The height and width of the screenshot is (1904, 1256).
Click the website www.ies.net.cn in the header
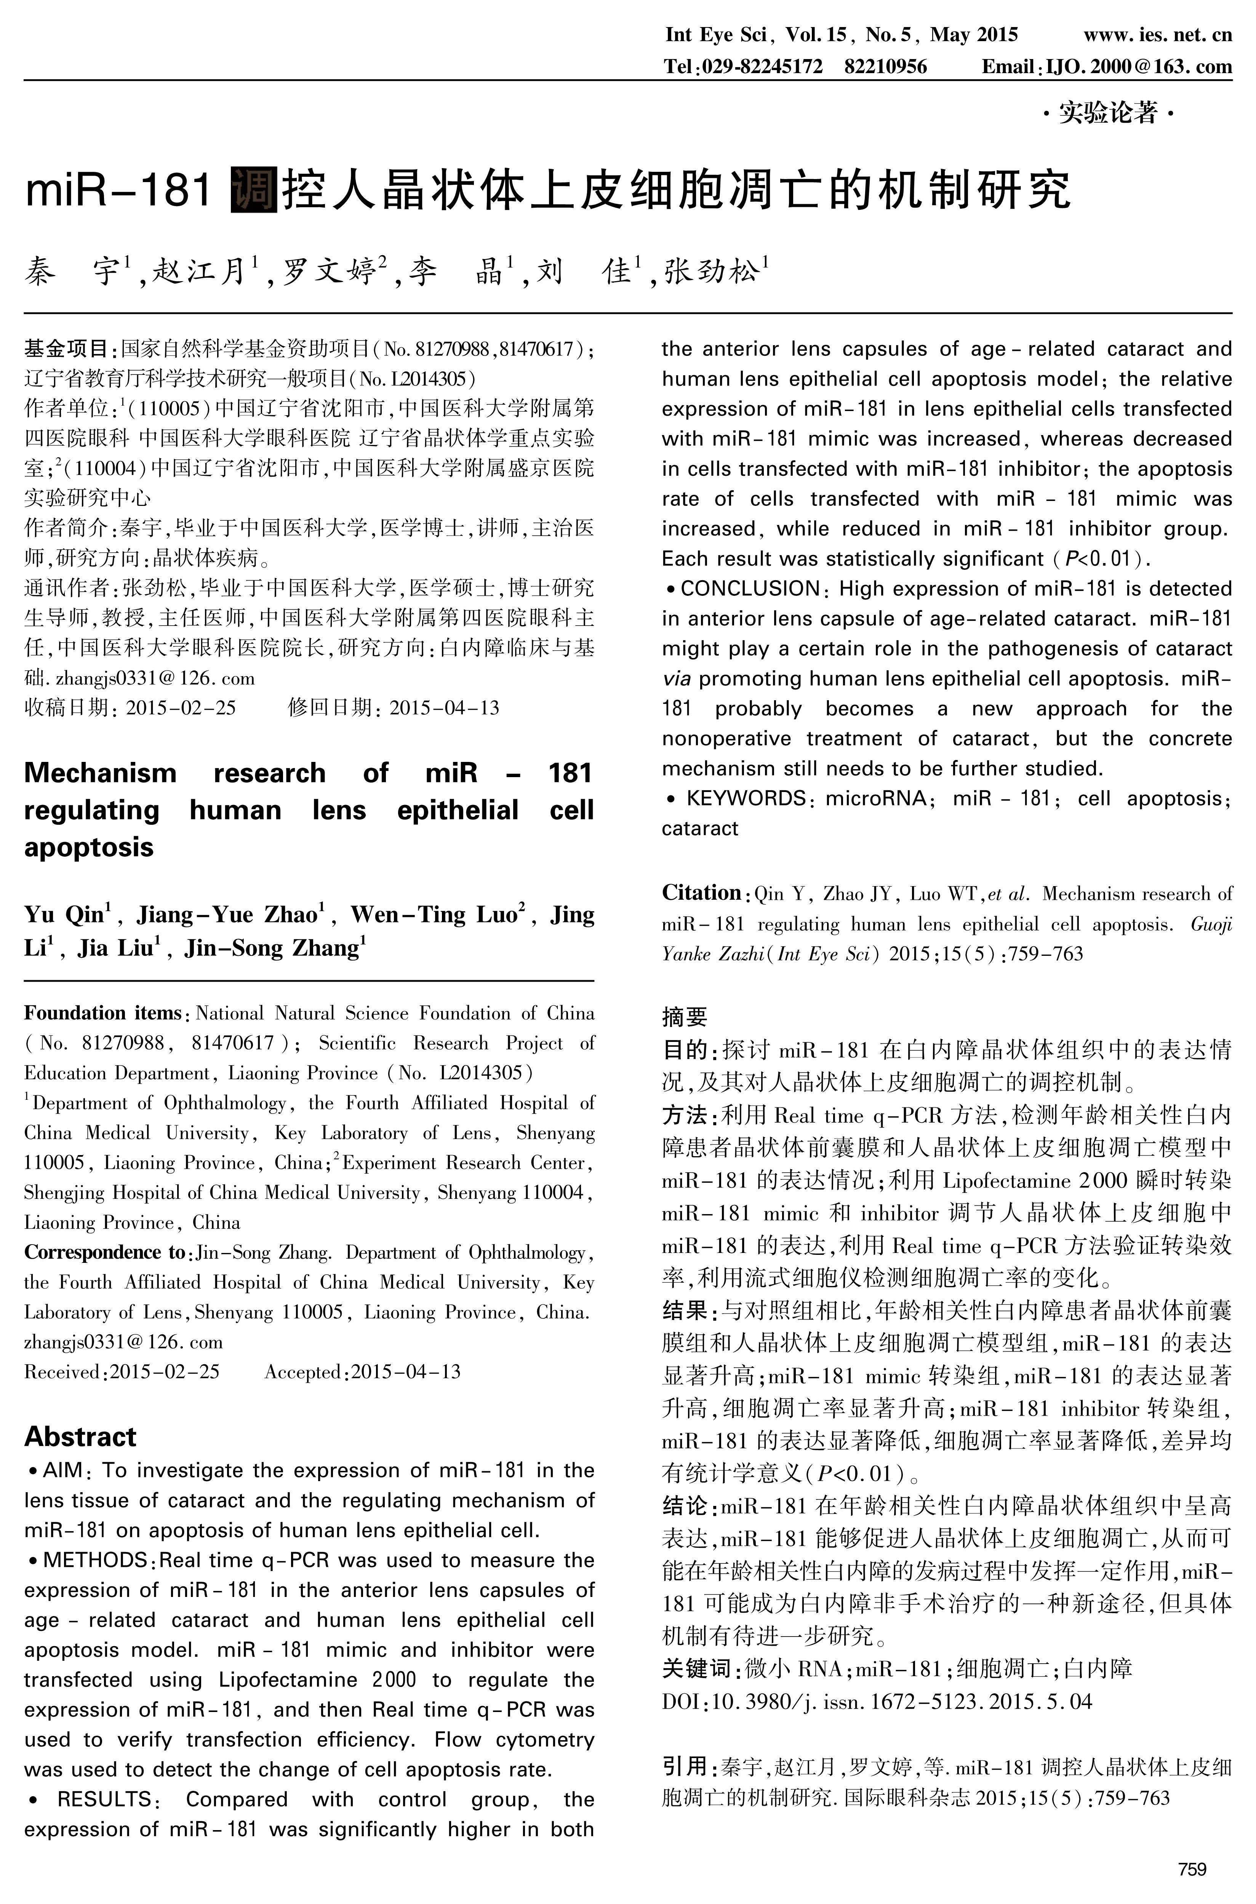pos(1157,34)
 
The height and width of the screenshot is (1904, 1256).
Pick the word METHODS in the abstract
pos(94,1560)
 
